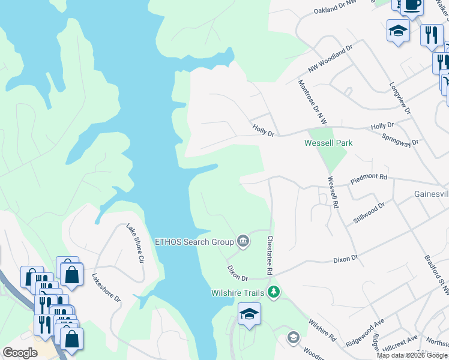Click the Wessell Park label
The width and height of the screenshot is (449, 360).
328,143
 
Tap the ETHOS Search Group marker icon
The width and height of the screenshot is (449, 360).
243,242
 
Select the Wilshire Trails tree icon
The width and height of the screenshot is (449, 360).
274,292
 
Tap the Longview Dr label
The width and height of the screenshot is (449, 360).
400,98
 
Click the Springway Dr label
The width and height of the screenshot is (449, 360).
400,140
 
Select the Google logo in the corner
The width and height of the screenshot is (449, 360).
20,353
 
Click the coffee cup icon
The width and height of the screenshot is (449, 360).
411,5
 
